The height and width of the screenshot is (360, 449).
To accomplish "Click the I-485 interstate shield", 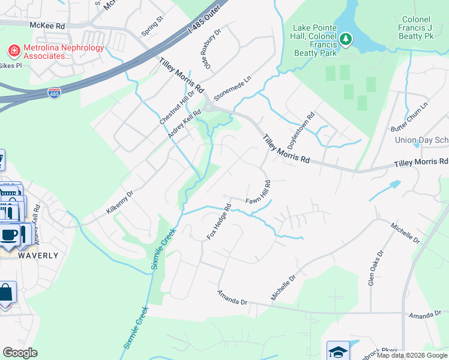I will [x=54, y=93].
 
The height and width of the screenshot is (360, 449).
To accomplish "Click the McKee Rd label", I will [x=47, y=25].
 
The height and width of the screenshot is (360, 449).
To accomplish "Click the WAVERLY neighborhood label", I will [x=39, y=255].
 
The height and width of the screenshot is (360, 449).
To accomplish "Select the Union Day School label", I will [x=422, y=140].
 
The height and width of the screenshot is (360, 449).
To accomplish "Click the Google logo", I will [x=20, y=353].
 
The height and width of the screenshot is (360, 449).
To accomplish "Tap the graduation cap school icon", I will [x=338, y=350].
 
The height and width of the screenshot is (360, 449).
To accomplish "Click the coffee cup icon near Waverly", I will [x=10, y=234].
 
